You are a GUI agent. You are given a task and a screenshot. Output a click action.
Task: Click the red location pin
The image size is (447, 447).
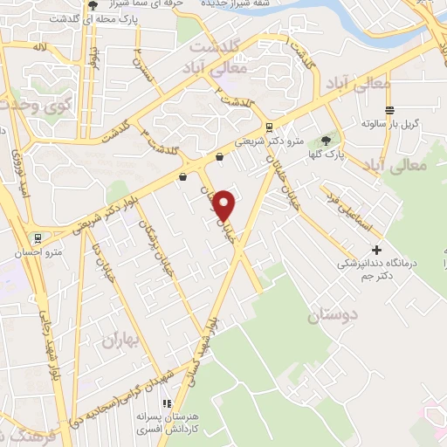pyautogui.click(x=225, y=204)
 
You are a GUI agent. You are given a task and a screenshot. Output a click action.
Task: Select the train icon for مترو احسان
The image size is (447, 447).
pyautogui.click(x=38, y=237)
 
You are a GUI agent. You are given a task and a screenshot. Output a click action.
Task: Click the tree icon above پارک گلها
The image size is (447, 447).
pyautogui.click(x=327, y=140)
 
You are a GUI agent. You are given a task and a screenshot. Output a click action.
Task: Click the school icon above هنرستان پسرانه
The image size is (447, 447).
pyautogui.click(x=166, y=403)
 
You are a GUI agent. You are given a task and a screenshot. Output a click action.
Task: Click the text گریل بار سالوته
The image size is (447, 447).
pyautogui.click(x=392, y=124)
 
